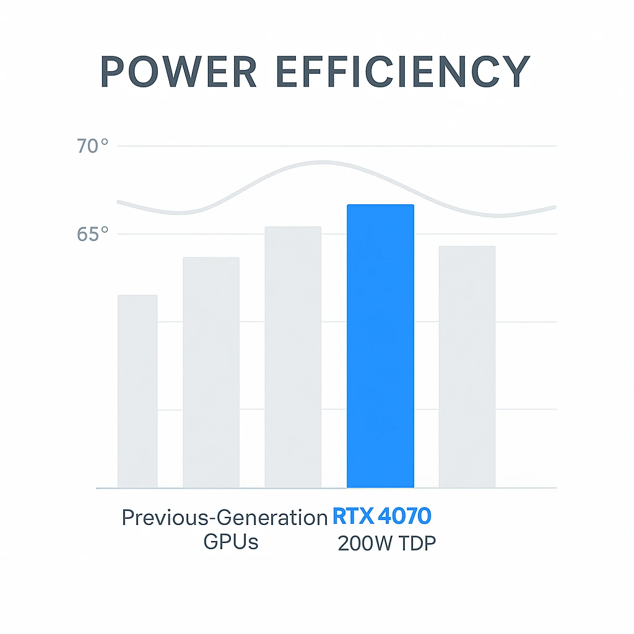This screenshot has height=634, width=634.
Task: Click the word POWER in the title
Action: (178, 72)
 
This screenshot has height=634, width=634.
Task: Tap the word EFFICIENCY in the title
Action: (402, 72)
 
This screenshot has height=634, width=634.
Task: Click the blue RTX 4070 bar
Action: (380, 347)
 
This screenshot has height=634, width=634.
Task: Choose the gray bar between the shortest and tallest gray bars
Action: (211, 372)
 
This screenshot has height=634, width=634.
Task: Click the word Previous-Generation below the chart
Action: (224, 518)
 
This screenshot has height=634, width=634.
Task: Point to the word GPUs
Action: (231, 542)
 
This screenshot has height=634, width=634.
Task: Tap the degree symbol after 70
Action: (104, 142)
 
